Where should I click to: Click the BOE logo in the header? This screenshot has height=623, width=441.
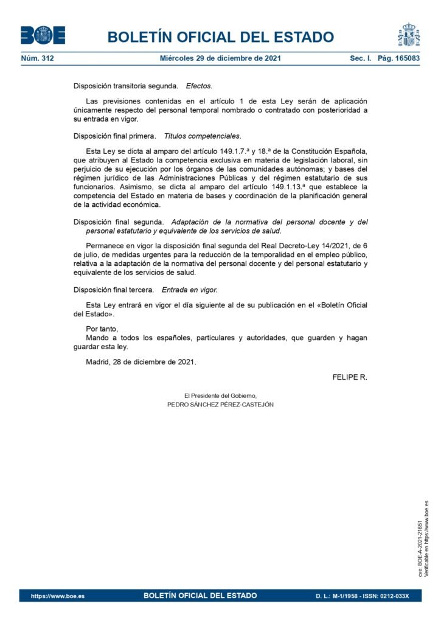tap(43, 35)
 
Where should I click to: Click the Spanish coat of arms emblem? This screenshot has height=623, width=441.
tap(409, 35)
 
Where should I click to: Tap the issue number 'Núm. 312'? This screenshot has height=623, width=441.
tap(38, 59)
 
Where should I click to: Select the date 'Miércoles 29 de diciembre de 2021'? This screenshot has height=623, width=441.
tap(220, 59)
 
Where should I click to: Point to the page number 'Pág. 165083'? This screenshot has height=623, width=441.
tap(399, 59)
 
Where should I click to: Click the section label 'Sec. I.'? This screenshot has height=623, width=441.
tap(360, 59)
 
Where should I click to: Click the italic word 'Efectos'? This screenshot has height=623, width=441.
tap(199, 86)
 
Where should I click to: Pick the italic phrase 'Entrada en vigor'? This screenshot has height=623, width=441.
tap(189, 290)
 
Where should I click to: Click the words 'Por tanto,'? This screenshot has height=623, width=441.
tap(102, 329)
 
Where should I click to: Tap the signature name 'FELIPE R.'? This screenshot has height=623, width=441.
tap(350, 377)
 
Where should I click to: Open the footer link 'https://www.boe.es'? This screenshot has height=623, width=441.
tap(58, 596)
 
